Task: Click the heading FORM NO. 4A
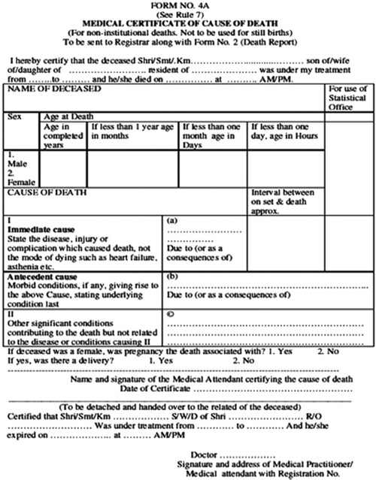(187, 6)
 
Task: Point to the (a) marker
(171, 222)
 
